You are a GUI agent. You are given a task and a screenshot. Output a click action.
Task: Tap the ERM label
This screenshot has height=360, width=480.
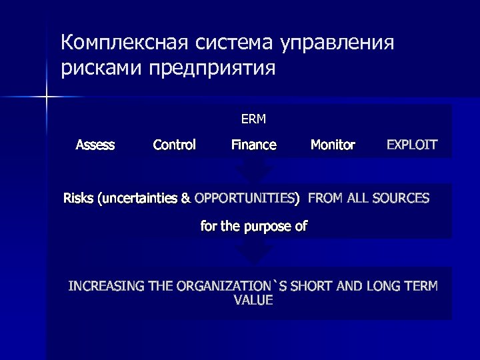253,120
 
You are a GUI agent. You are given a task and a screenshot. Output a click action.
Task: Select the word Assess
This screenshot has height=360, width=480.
95,145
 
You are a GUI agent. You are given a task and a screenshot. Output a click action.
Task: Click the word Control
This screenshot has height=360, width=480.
174,145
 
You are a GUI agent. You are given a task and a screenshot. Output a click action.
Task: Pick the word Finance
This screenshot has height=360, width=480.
253,145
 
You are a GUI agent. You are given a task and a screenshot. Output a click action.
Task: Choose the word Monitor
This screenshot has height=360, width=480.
333,145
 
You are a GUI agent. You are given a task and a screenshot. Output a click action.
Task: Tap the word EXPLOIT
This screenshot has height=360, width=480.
412,145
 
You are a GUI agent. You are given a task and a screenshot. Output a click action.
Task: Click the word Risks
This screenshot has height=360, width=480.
79,198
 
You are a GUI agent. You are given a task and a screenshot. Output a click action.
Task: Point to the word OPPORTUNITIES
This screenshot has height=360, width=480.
247,198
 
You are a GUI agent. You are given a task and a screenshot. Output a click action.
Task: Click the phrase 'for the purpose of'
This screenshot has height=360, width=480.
253,227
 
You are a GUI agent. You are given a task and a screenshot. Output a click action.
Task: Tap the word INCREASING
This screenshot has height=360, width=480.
106,287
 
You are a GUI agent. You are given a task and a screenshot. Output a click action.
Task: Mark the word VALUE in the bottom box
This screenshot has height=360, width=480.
253,301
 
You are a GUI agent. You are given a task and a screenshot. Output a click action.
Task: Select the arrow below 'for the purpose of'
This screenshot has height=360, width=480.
254,252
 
